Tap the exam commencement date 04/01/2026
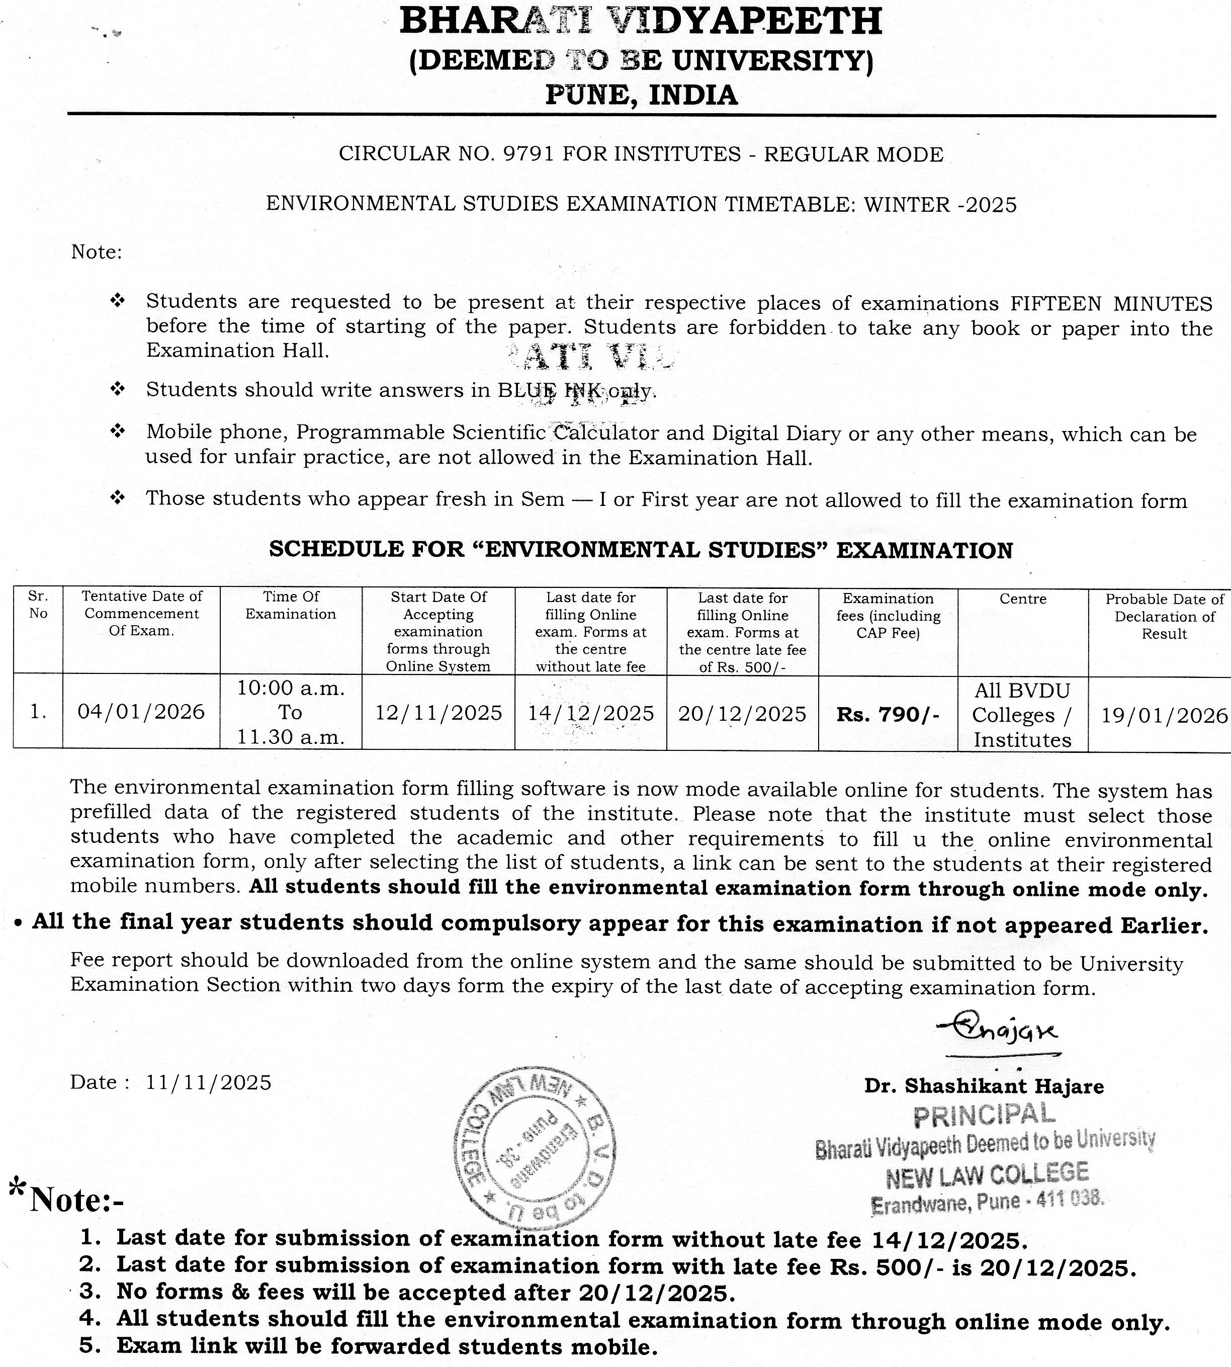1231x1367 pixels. tap(141, 712)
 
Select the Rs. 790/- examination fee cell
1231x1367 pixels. tap(888, 714)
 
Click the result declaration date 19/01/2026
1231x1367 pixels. tap(1163, 715)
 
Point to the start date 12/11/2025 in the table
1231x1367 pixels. tap(438, 713)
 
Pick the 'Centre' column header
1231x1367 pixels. tap(1023, 599)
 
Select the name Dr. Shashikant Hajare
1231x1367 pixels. tap(984, 1086)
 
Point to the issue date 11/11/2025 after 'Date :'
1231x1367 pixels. tap(208, 1082)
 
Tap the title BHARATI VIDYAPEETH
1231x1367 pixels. tap(641, 22)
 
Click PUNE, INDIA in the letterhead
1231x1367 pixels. tap(641, 95)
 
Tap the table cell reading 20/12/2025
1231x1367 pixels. tap(742, 714)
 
